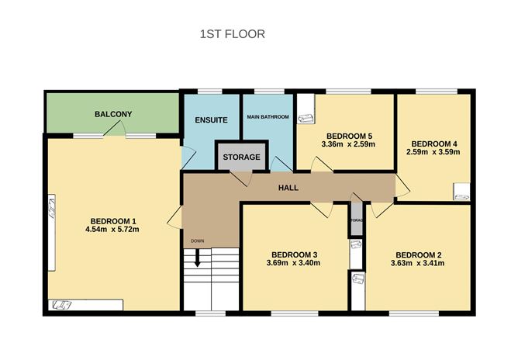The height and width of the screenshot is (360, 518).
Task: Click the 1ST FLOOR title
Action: (233, 34)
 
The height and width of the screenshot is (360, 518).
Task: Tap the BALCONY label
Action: (113, 115)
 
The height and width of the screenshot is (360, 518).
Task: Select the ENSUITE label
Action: (211, 120)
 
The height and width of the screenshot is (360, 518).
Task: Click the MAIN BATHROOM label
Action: (268, 117)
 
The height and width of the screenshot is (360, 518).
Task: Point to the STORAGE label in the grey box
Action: (241, 157)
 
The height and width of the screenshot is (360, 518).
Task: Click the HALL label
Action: (288, 188)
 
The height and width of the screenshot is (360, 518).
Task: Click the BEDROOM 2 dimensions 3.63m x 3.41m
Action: (419, 264)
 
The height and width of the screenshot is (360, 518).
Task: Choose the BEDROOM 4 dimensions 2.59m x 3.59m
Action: (433, 152)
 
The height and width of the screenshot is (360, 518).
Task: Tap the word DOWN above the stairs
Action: (197, 241)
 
